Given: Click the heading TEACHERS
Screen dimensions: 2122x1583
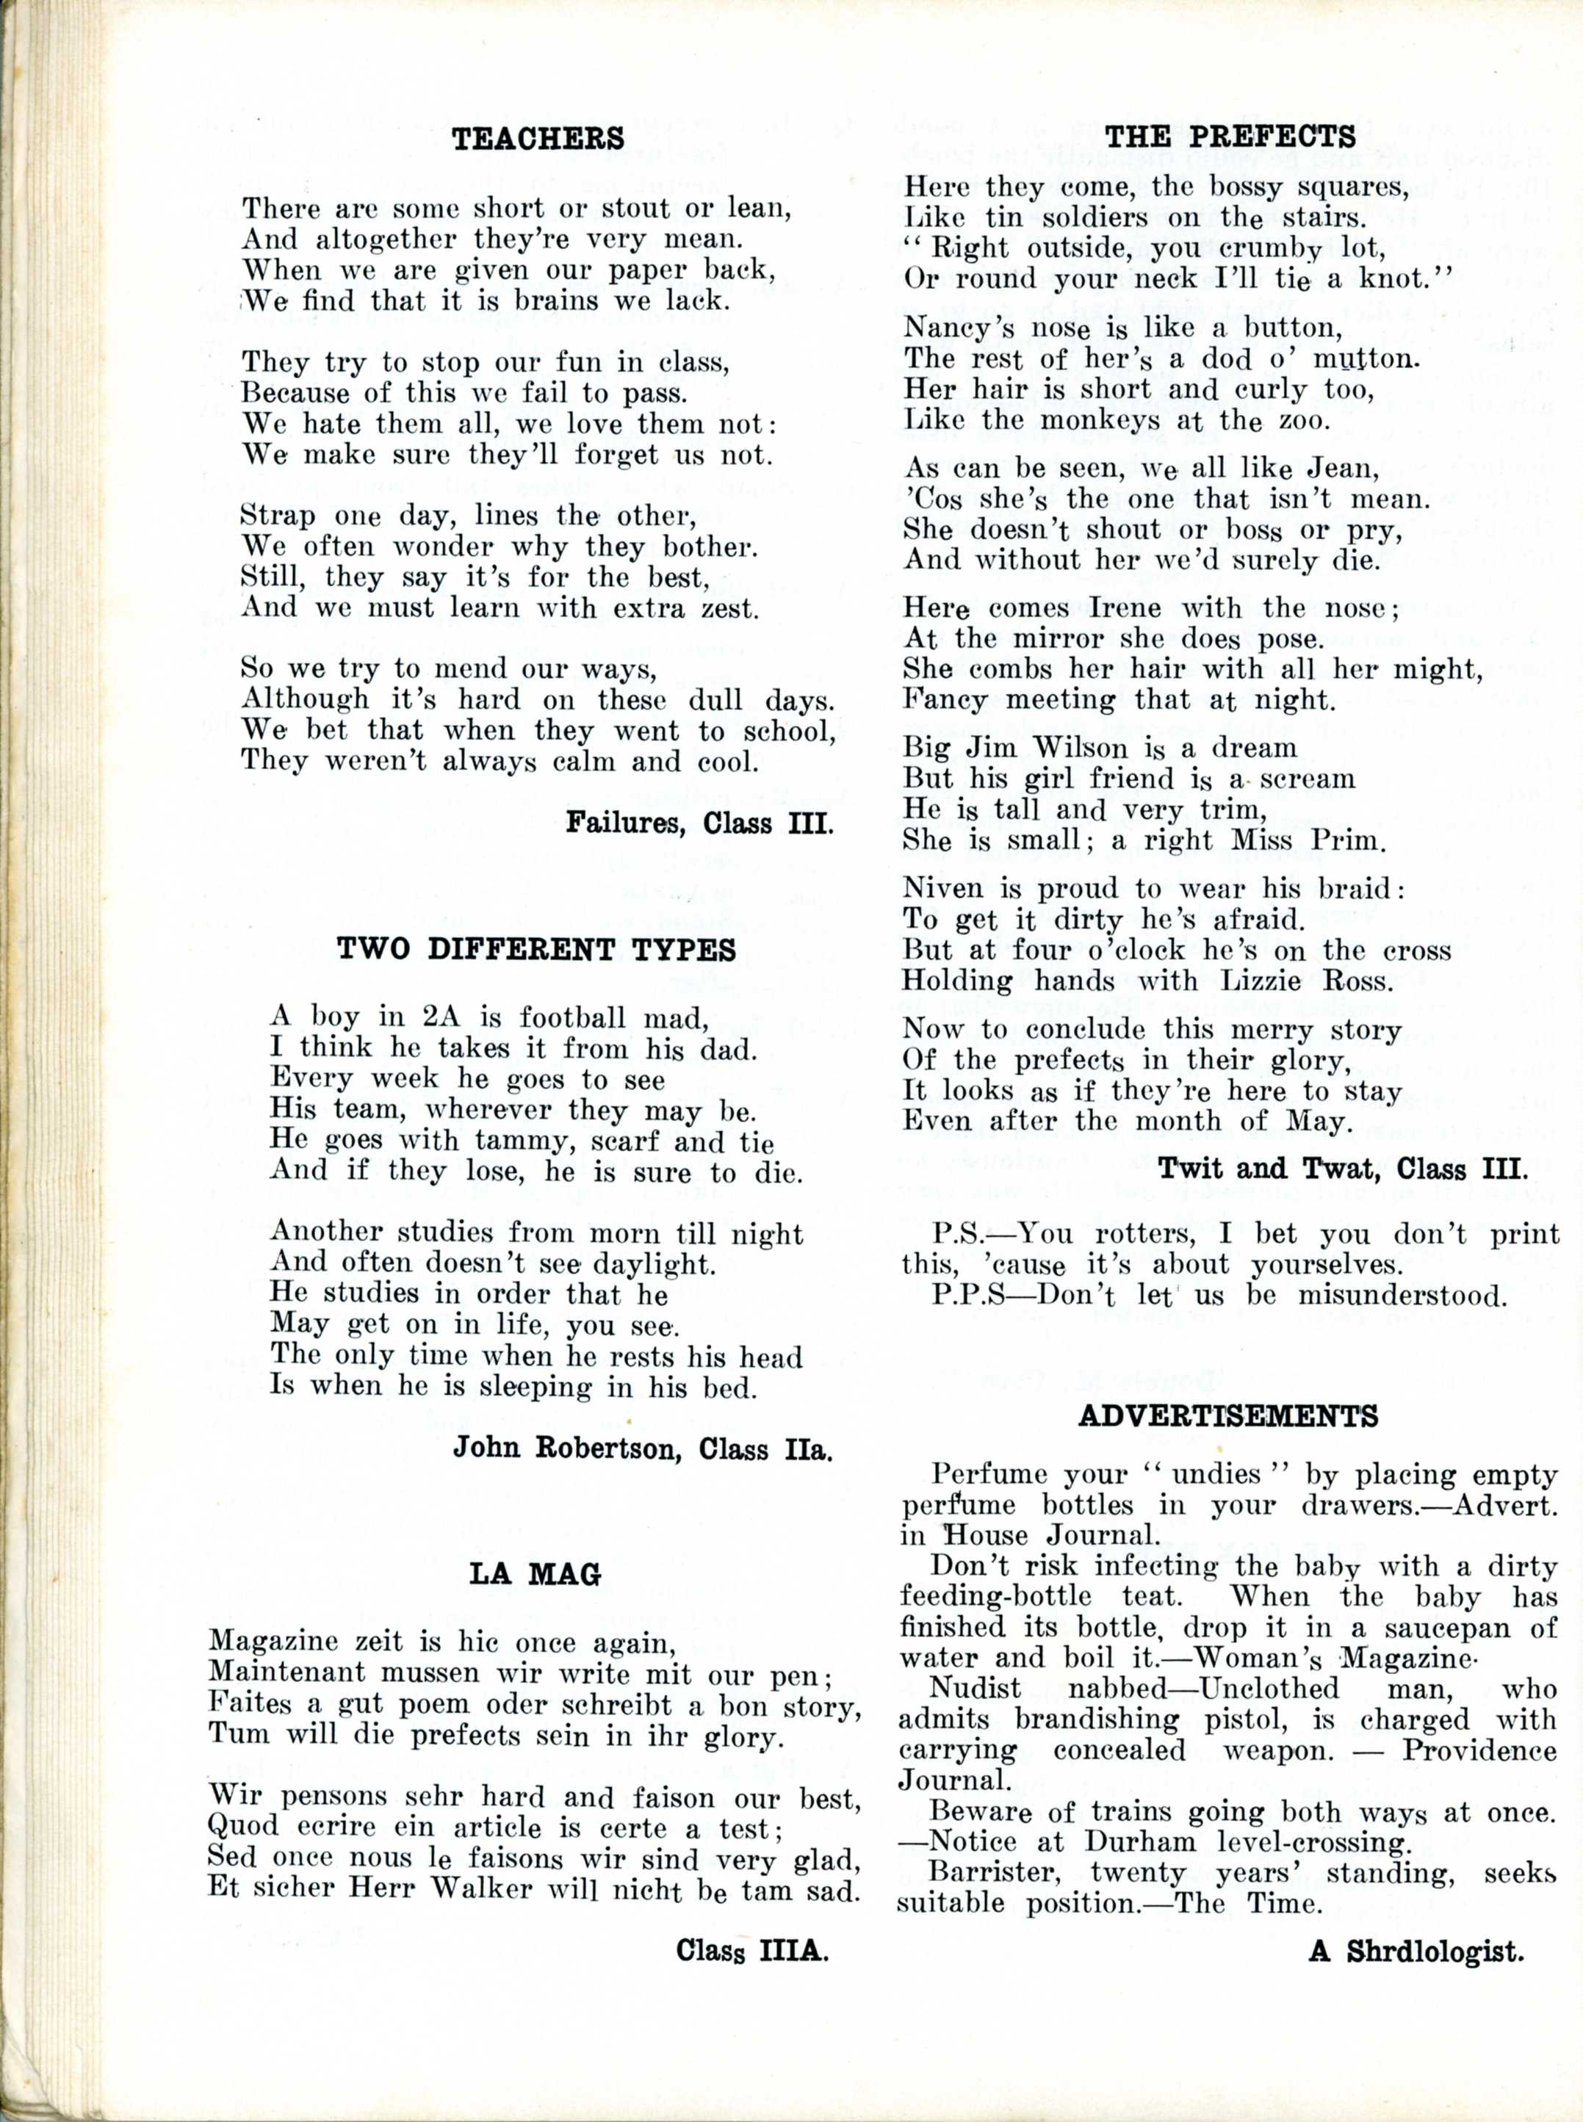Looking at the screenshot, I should tap(538, 139).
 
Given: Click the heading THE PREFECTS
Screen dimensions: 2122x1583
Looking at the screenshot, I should tap(1230, 135).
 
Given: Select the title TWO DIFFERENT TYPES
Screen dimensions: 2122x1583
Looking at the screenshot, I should tap(536, 950).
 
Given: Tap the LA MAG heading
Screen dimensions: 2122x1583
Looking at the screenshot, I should tap(535, 1574).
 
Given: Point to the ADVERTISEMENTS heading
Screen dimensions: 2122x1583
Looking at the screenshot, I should tap(1228, 1416).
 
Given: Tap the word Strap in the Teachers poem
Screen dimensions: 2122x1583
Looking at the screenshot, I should tap(278, 516).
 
